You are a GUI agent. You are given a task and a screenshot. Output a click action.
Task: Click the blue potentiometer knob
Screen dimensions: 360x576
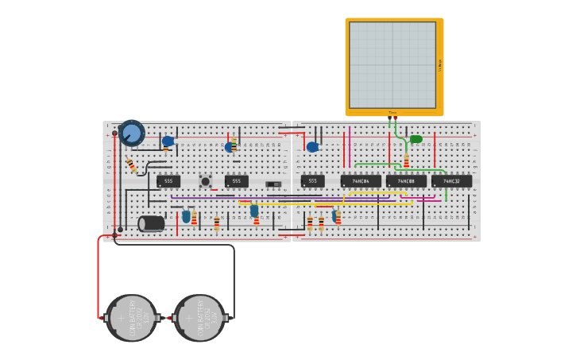click(x=131, y=133)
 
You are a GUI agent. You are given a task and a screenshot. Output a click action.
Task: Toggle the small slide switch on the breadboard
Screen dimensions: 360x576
click(x=273, y=184)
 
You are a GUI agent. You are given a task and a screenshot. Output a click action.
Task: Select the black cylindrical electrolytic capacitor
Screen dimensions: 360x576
click(x=152, y=223)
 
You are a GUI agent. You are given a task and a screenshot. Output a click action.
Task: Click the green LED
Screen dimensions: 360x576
click(x=416, y=139)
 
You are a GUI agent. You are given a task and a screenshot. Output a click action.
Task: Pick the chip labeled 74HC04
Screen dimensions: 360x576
click(x=361, y=181)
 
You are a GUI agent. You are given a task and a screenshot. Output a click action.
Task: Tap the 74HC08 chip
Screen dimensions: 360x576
click(x=406, y=181)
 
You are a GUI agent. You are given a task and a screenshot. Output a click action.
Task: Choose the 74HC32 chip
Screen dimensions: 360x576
click(x=451, y=181)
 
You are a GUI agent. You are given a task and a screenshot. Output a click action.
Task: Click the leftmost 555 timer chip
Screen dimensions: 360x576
click(x=168, y=181)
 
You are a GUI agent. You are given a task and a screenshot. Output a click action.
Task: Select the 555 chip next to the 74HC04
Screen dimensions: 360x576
click(x=312, y=181)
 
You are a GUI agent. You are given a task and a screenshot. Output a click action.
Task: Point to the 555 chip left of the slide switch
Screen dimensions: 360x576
click(x=236, y=181)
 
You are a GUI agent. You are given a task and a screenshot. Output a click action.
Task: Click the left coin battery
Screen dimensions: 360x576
click(x=132, y=318)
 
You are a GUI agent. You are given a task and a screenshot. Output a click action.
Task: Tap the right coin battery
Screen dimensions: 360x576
click(x=199, y=318)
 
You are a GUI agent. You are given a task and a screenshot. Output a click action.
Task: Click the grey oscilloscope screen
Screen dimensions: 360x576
click(x=392, y=64)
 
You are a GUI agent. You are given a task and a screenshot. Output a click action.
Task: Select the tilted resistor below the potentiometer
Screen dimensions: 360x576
click(x=131, y=165)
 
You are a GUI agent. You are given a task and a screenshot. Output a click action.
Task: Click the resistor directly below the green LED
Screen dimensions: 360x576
click(x=407, y=161)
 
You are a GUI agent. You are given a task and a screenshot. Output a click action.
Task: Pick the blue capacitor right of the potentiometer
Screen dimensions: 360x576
click(x=168, y=141)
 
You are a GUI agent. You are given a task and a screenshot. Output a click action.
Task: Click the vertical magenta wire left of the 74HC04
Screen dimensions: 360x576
click(x=350, y=147)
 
